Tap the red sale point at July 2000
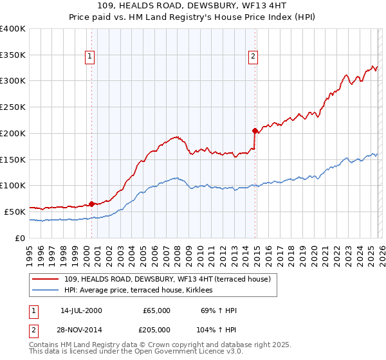coord(91,204)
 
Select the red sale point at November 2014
coord(255,130)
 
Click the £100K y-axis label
coord(13,186)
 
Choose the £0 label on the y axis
coord(21,238)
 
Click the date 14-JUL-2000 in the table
coord(81,310)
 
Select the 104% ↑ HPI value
coord(217,328)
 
